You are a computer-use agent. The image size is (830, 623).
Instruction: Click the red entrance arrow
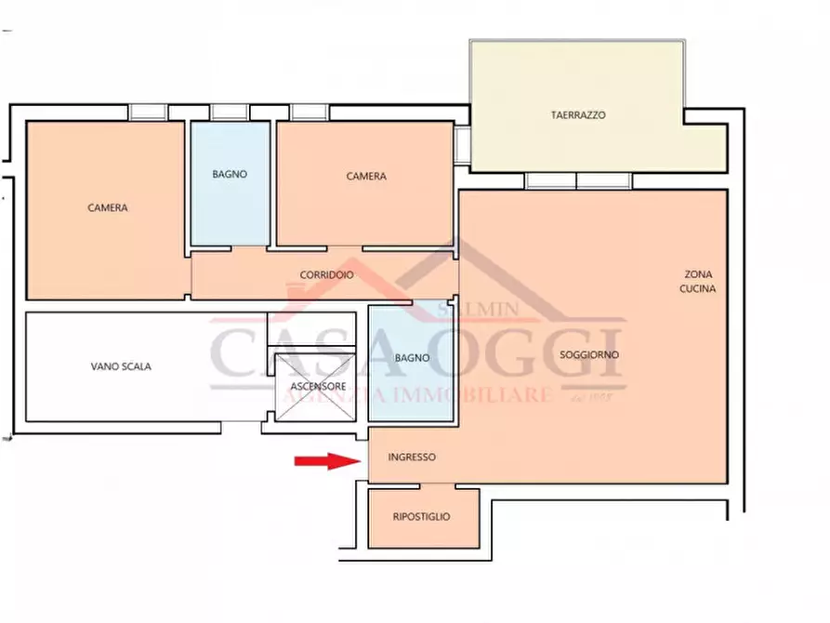click(x=328, y=461)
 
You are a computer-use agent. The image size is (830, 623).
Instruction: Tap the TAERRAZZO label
click(x=578, y=115)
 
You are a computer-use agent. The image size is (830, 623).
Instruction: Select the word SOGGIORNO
click(x=589, y=355)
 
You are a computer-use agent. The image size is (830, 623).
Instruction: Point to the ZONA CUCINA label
click(x=698, y=282)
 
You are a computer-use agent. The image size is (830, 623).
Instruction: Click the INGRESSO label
click(x=412, y=457)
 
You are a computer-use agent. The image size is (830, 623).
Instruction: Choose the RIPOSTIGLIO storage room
click(x=424, y=518)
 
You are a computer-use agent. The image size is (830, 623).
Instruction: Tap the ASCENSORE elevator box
click(x=315, y=387)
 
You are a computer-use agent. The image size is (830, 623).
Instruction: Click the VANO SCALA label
click(x=121, y=366)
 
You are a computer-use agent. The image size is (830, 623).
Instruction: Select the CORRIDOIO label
click(x=326, y=275)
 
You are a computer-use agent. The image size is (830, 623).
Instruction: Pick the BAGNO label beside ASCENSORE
click(x=412, y=358)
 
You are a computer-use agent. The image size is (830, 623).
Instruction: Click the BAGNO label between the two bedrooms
click(x=230, y=174)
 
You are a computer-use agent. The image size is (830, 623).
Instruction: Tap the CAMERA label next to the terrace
click(x=366, y=177)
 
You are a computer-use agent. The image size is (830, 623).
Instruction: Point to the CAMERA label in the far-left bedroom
click(x=108, y=207)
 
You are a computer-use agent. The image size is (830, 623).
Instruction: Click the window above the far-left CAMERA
click(x=148, y=113)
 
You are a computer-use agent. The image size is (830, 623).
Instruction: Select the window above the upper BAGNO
click(x=230, y=113)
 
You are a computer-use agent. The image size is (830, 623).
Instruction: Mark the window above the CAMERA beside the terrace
click(x=310, y=113)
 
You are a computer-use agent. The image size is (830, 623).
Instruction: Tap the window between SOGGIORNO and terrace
click(x=578, y=180)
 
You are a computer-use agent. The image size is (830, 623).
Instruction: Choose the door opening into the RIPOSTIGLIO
click(x=438, y=485)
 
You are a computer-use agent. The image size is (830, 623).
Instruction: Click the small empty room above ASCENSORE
click(x=311, y=329)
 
